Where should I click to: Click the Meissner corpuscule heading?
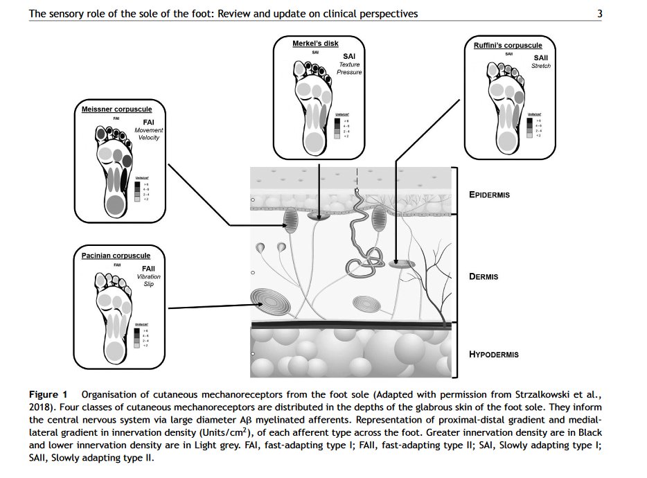pos(116,109)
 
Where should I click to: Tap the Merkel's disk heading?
pos(315,44)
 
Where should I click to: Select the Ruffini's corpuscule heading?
pos(508,45)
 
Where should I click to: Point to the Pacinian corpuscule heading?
pos(116,256)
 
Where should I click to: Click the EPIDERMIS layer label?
pos(488,195)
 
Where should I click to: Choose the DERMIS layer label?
pos(484,277)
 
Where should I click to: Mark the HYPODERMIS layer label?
pos(493,355)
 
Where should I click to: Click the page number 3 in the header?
pos(599,13)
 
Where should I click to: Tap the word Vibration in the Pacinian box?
pos(148,277)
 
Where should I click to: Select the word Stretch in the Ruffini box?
pos(540,66)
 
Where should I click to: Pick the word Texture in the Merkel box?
pos(349,64)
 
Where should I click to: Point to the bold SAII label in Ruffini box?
pos(540,57)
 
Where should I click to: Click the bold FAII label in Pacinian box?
pos(148,269)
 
